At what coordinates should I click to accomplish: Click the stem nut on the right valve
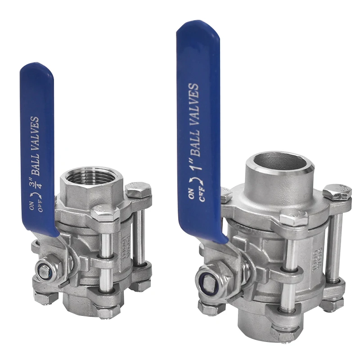coord(209,283)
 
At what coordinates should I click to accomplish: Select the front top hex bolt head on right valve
coord(293,219)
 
